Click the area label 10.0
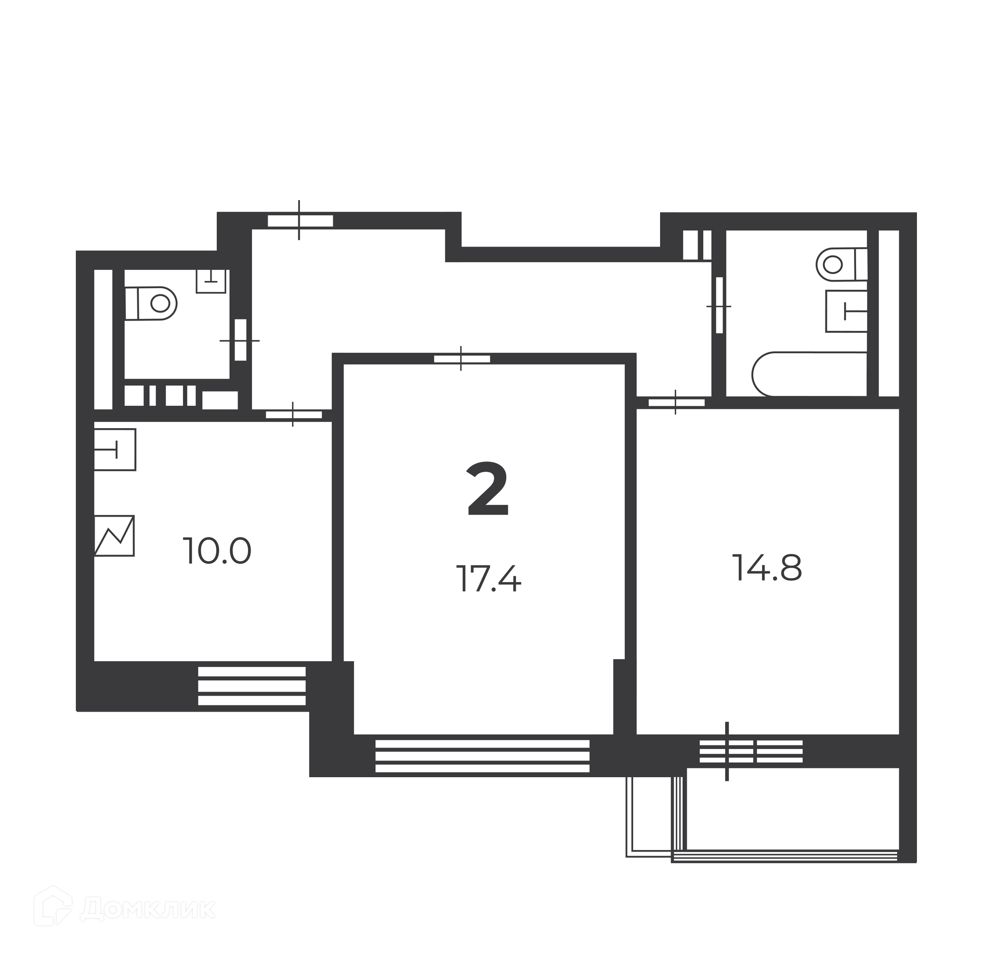point(217,551)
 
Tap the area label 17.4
point(488,579)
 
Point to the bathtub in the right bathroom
point(810,374)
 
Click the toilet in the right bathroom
point(842,264)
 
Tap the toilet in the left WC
point(151,303)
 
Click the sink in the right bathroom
point(847,311)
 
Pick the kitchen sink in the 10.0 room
point(115,449)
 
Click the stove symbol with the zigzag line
point(114,536)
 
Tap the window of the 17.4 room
point(482,756)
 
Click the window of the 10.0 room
point(252,686)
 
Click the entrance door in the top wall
point(300,221)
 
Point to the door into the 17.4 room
point(462,358)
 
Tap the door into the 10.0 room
point(294,415)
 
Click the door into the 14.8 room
point(676,402)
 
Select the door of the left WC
point(240,340)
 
